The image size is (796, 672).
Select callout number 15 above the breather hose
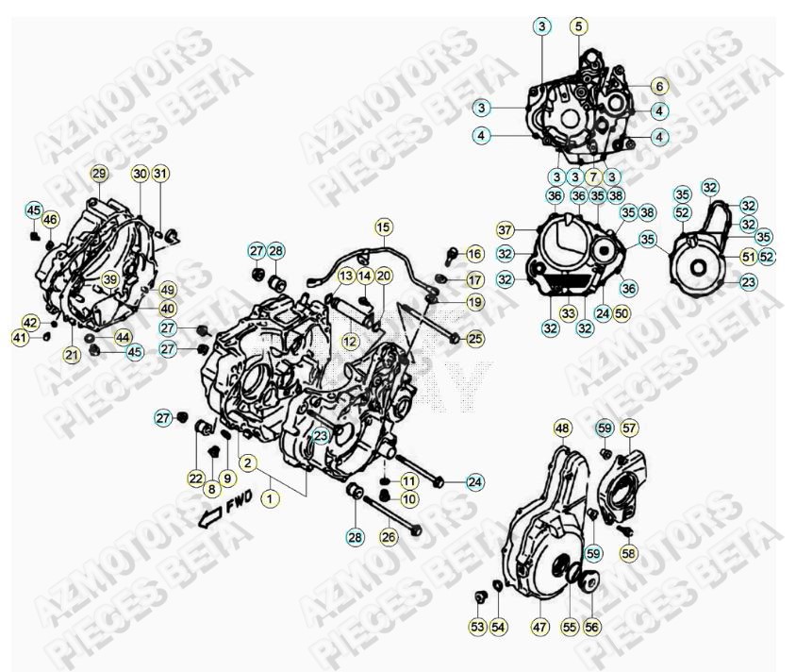383,227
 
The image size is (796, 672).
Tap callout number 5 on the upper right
578,26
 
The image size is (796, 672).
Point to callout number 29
99,174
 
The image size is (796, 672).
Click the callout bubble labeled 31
161,174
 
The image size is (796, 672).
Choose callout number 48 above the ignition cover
563,429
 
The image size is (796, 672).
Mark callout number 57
629,429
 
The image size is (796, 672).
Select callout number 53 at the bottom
478,626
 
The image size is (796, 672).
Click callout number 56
592,626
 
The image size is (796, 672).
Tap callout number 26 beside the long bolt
389,537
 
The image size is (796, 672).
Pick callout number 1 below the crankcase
271,496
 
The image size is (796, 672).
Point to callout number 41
20,338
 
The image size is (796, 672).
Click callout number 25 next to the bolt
474,338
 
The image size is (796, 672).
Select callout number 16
474,254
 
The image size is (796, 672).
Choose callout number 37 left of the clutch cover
506,231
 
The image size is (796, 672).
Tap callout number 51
748,256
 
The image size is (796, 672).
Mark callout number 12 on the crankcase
351,341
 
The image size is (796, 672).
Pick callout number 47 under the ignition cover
539,626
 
